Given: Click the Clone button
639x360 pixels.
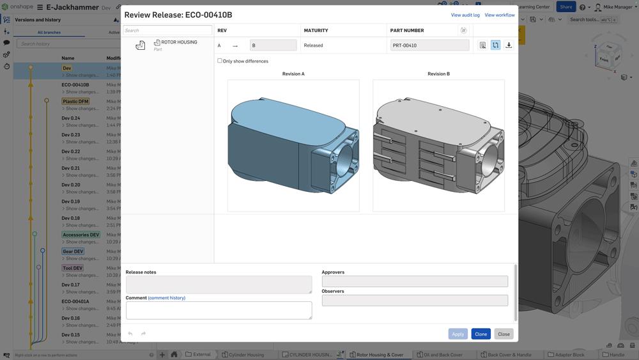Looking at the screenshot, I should [x=481, y=334].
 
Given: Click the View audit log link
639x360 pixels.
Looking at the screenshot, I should [x=465, y=15].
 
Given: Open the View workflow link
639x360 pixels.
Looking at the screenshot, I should [x=500, y=15].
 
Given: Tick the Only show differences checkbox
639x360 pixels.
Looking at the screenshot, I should [x=220, y=61].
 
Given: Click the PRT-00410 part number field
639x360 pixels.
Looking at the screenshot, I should [x=429, y=45].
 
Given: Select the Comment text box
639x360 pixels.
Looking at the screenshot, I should [x=219, y=310].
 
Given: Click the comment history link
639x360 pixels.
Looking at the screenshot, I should [x=167, y=298].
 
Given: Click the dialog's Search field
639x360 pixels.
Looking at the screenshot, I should [x=167, y=30].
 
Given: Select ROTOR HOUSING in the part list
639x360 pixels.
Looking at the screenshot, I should [x=179, y=42].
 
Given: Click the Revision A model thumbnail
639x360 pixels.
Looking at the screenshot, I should [x=293, y=145].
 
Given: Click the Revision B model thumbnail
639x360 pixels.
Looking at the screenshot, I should [x=438, y=145].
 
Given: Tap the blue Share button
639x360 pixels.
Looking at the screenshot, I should [x=566, y=7].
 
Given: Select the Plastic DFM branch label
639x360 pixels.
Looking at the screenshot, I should [x=75, y=101].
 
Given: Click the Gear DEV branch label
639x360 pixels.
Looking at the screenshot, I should [x=73, y=251].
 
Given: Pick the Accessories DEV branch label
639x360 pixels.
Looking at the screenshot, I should [x=81, y=235].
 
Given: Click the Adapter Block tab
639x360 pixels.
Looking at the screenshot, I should [x=569, y=354].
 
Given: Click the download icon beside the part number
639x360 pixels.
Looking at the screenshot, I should [x=509, y=45].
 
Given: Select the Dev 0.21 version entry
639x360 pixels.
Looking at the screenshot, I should [x=71, y=168].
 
